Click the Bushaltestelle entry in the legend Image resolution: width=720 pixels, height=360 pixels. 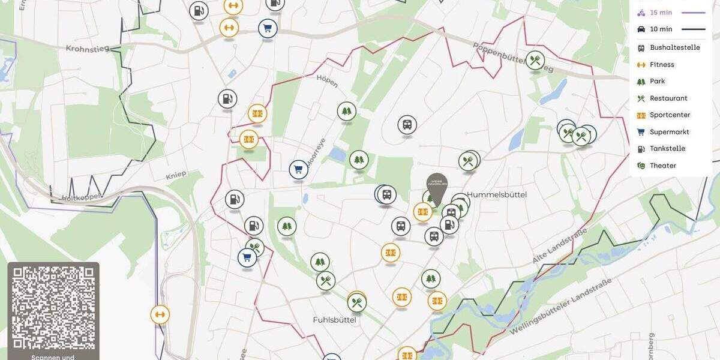(674, 48)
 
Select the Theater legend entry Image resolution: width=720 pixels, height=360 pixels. (662, 166)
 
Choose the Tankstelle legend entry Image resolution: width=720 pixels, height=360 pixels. (667, 149)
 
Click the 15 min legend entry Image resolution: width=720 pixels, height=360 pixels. (661, 13)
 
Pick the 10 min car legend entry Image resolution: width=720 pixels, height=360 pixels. (661, 29)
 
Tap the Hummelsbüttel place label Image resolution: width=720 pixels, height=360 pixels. (497, 194)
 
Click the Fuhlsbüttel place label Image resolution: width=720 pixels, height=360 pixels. (334, 320)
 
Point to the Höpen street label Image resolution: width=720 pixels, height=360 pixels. (327, 81)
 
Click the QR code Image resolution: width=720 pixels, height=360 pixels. (53, 308)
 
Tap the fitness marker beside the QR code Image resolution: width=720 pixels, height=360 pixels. (160, 314)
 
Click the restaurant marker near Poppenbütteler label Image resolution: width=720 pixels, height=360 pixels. (535, 60)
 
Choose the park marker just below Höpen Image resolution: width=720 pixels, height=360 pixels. (346, 111)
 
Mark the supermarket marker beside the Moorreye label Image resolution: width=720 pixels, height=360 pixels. (298, 170)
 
